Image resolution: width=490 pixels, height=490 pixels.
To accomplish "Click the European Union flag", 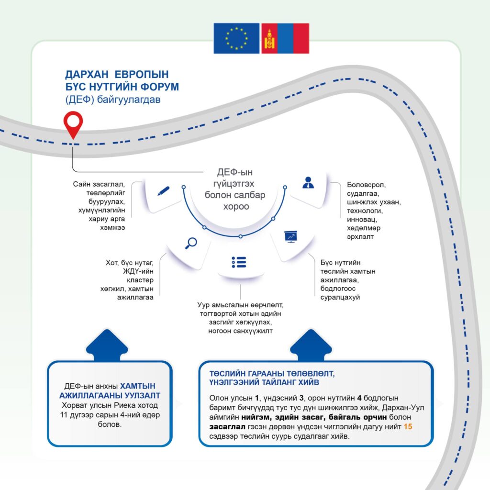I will coord(236,38).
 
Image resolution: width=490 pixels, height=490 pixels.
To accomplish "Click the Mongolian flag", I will coord(285,38).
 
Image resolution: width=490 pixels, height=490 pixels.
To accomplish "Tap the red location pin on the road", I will coord(72,124).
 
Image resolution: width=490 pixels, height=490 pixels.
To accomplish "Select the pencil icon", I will coord(163,190).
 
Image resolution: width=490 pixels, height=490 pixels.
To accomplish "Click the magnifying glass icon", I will coord(190,243).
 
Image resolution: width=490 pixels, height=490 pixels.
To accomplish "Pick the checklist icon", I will coord(238,262).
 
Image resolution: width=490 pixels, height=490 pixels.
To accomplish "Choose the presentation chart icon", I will coord(290,236).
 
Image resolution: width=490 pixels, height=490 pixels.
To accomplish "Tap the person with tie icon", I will coord(308,182).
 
